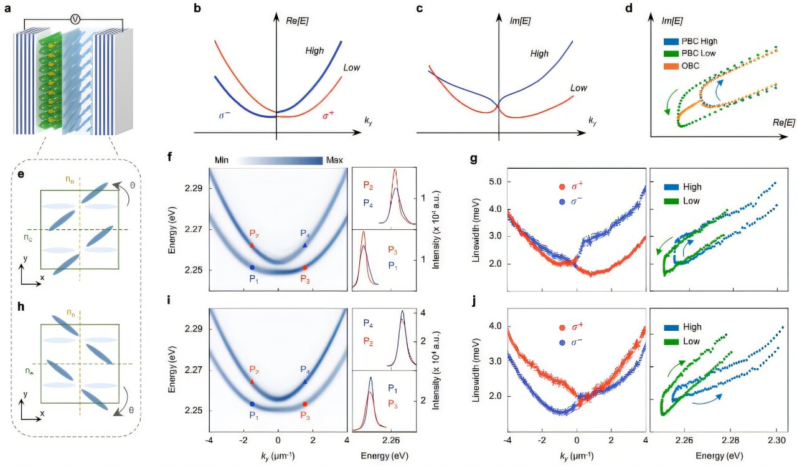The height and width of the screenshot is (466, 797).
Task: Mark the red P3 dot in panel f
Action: (304, 267)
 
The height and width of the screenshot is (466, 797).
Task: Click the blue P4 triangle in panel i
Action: (305, 381)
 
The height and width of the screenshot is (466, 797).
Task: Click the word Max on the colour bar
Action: (334, 160)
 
